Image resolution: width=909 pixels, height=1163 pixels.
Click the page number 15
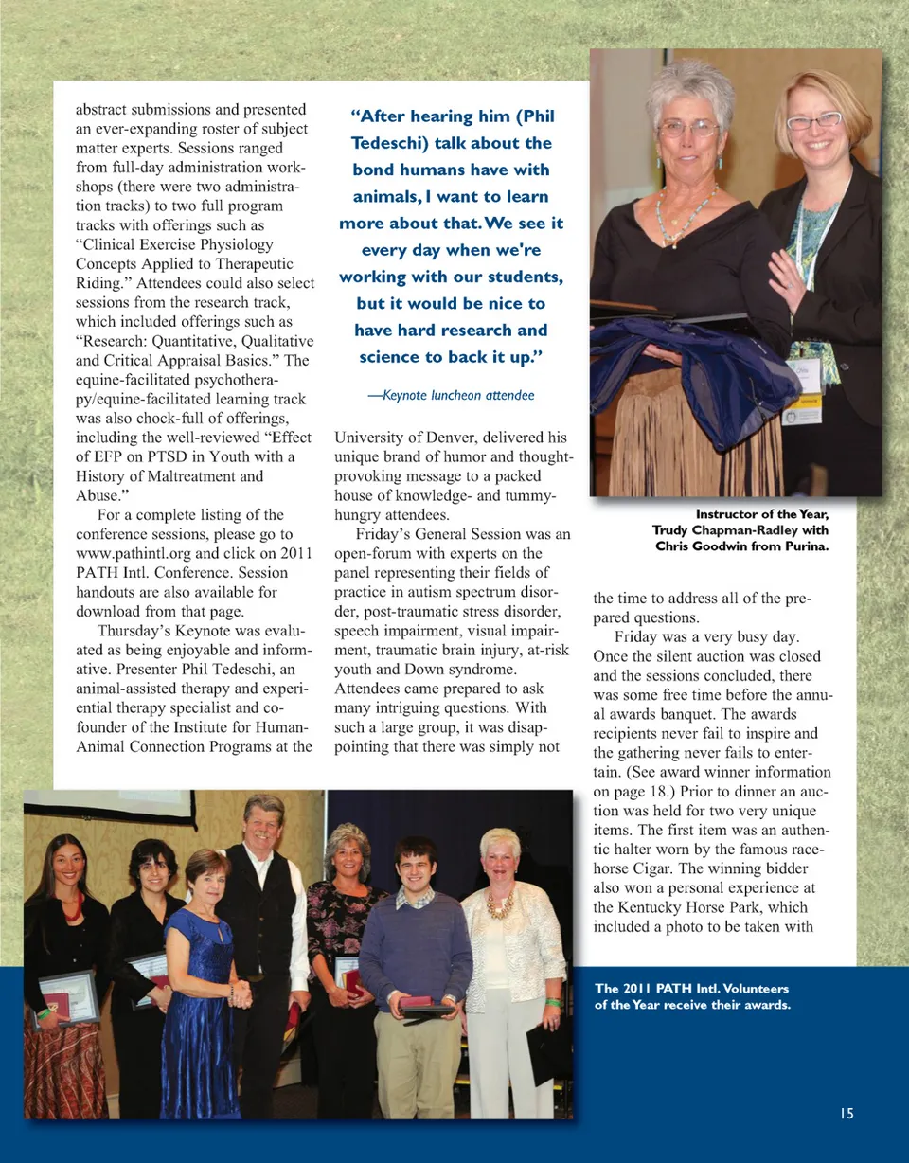tap(847, 1114)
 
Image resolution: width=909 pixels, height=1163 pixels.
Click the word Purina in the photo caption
tap(803, 546)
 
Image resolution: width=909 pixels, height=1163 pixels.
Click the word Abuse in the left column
tap(96, 495)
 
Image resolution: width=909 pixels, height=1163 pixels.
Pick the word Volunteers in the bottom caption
tap(747, 989)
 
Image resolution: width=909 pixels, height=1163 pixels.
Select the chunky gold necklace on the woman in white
tap(499, 904)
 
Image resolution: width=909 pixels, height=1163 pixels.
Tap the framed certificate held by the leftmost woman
tap(68, 996)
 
